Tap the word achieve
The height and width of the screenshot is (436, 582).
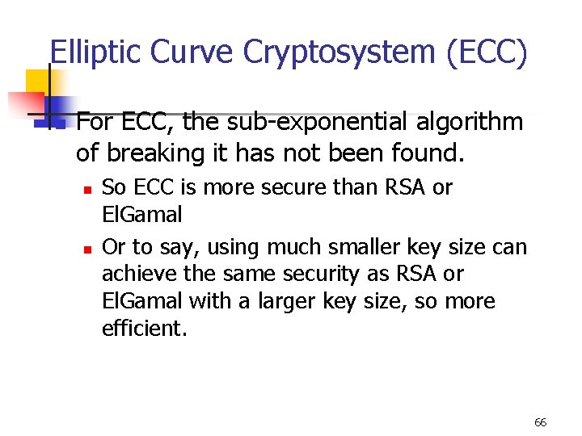click(133, 274)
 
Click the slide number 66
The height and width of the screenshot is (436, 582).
click(541, 422)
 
